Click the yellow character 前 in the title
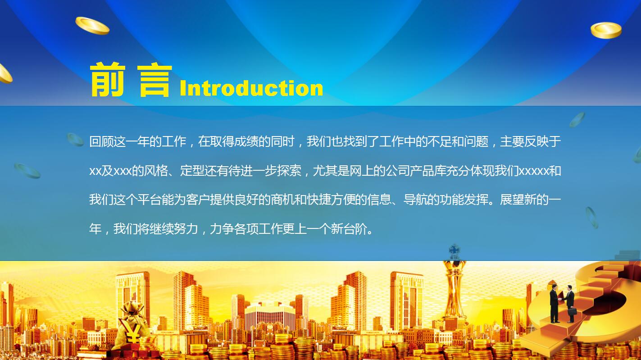[107, 80]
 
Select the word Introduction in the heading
[251, 88]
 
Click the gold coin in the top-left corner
[92, 26]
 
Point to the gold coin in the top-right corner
[606, 30]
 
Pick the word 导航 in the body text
[415, 200]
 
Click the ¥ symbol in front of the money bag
[132, 335]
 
